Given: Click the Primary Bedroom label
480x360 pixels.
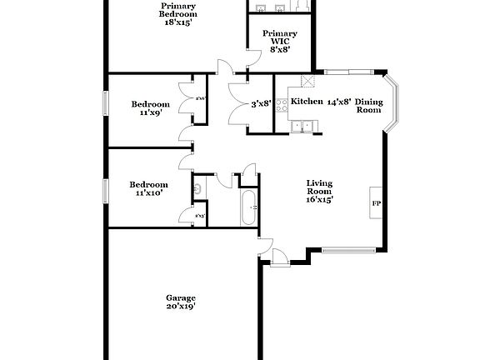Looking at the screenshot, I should pos(178,15).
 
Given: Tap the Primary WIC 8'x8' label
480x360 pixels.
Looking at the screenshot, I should pos(279,42).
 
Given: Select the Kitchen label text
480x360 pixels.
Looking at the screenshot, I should pos(306,102).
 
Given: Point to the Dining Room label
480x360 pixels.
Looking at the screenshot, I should pos(369,106).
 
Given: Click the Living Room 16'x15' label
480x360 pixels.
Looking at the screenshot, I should pos(320,191).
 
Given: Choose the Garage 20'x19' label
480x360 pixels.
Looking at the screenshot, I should pos(180,302).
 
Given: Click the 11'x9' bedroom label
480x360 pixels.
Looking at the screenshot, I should pos(151,109).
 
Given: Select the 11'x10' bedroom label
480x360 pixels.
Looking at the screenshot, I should pos(147,189).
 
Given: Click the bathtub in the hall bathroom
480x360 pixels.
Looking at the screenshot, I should pos(249,207).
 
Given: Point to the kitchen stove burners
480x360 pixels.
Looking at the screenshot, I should pos(282,105).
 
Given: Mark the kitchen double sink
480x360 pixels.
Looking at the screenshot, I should pos(305,127).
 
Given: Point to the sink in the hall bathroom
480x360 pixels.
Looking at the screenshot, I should pos(198,189).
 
